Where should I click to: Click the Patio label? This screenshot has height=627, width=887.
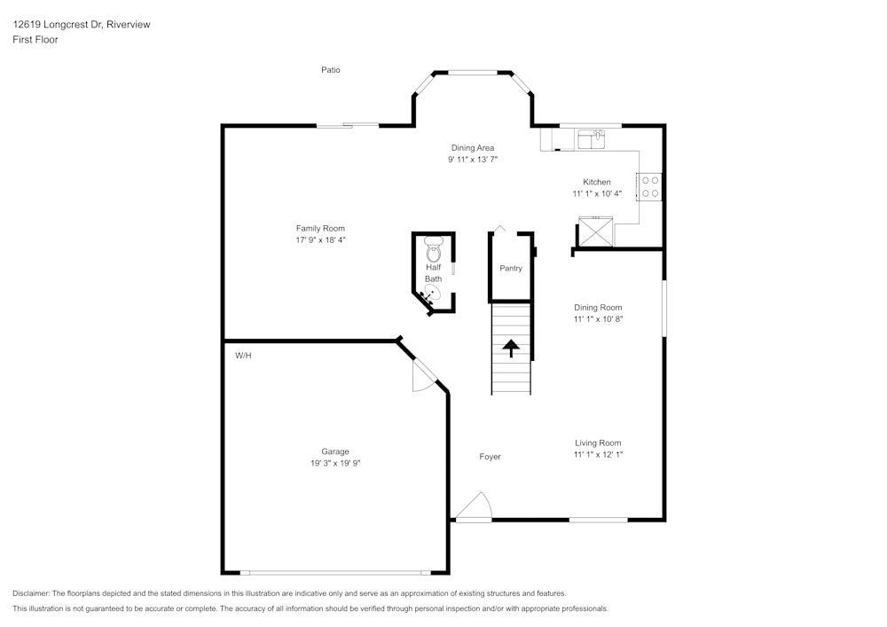(x=330, y=70)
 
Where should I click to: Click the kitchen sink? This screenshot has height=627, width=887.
(x=591, y=139)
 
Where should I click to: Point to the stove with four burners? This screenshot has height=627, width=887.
(x=649, y=185)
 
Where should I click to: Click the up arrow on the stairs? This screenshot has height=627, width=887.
(x=511, y=347)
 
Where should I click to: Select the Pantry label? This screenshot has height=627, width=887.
(x=511, y=268)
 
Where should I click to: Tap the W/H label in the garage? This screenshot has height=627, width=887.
(x=243, y=355)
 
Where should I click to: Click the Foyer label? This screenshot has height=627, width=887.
(x=490, y=457)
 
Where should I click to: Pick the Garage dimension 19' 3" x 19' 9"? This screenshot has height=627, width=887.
(x=334, y=462)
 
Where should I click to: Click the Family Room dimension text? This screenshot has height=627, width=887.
(x=320, y=239)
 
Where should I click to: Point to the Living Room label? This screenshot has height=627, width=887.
(x=597, y=443)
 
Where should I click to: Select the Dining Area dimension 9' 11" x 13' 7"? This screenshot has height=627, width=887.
(x=472, y=160)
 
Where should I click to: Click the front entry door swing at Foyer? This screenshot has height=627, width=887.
(x=474, y=507)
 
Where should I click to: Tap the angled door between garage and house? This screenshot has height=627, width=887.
(x=423, y=373)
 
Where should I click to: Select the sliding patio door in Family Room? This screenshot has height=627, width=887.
(x=348, y=125)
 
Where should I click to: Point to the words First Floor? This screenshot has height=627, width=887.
(x=35, y=40)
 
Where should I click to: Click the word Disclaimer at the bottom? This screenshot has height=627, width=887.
(x=31, y=593)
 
